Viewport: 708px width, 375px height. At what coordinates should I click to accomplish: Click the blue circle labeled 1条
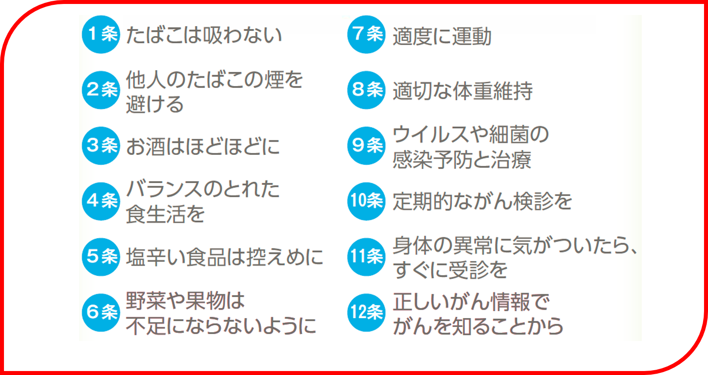coord(101,34)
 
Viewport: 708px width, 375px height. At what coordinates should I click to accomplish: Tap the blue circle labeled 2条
coord(101,90)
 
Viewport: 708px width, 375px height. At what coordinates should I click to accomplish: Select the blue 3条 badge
coord(101,146)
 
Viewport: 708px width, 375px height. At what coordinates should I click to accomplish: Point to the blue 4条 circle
coord(101,201)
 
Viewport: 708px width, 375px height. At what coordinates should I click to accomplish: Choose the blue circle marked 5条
coord(101,257)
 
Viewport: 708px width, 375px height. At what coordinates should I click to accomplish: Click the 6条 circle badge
coord(101,312)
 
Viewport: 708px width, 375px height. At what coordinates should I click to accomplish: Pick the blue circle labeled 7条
coord(366,34)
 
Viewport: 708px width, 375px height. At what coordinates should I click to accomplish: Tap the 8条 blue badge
coord(366,90)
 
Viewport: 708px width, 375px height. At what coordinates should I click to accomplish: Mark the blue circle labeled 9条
coord(366,146)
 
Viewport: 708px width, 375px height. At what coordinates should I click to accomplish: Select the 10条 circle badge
coord(366,201)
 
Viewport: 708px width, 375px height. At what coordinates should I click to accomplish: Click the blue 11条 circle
coord(366,257)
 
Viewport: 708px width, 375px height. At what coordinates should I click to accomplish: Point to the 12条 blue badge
coord(366,312)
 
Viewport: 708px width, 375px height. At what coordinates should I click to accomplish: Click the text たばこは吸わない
coord(204,35)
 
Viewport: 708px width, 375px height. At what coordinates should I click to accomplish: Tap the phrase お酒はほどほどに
coord(203,146)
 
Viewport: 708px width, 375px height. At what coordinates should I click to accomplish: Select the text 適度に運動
coord(442,36)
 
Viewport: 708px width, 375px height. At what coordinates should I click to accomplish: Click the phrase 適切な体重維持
coord(462,91)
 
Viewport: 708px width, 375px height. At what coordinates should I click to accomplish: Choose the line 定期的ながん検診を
coord(482,201)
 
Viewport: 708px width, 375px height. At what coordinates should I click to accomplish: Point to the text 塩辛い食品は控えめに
coord(224,257)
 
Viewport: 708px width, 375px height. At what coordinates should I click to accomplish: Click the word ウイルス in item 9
coord(431,135)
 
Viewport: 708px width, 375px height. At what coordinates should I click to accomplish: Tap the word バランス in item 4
coord(164,189)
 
